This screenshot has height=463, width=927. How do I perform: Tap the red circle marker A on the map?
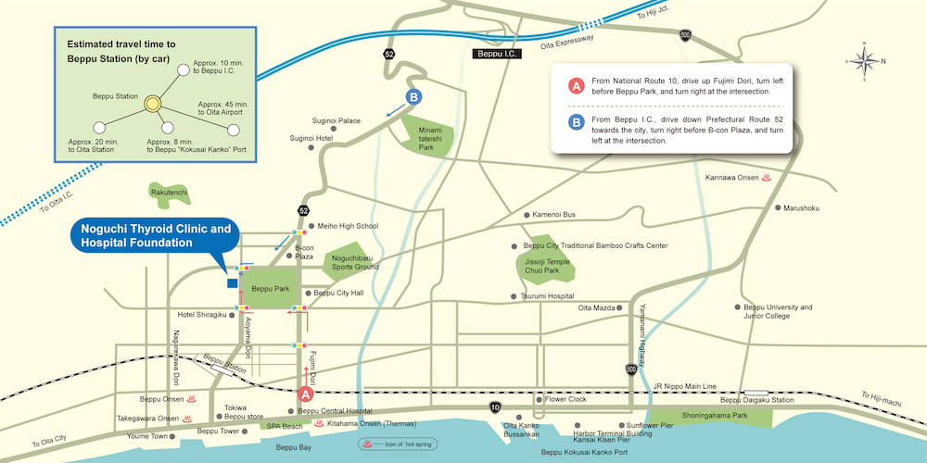304,394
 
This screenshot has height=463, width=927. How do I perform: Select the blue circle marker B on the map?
415,96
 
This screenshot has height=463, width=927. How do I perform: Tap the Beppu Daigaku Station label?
757,400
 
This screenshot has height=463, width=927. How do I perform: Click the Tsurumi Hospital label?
548,296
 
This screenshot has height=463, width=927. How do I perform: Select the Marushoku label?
801,208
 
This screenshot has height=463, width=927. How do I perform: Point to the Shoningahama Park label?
714,416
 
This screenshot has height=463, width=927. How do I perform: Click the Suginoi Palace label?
336,121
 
